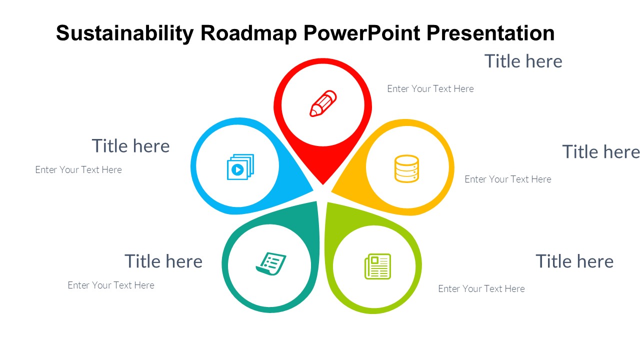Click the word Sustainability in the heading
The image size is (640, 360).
125,33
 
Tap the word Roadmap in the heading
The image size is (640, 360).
249,33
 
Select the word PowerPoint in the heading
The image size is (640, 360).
361,33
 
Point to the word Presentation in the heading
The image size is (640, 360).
490,33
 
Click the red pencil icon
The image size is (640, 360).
323,103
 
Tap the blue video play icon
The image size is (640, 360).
240,167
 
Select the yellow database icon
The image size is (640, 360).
406,169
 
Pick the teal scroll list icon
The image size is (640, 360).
271,263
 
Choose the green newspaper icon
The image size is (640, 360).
377,266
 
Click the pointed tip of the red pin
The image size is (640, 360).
323,184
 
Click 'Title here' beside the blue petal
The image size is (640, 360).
130,146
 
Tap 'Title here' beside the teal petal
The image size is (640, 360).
163,261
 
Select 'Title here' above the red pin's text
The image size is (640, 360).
523,61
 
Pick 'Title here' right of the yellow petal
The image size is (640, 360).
601,151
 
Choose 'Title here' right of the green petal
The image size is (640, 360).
574,261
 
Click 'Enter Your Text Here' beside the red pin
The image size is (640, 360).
430,89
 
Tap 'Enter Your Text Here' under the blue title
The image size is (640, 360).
78,169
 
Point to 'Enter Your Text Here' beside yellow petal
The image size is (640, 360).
508,179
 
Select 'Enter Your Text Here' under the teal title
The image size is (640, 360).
111,285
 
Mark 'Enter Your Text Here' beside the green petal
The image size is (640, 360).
481,288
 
